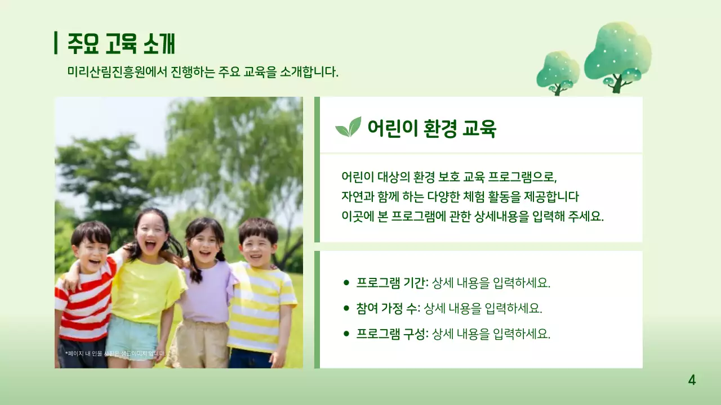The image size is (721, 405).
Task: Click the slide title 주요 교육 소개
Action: click(121, 43)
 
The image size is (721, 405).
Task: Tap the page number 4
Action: click(692, 380)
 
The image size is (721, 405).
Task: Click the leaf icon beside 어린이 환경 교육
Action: click(348, 127)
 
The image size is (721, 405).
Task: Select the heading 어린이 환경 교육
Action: click(431, 128)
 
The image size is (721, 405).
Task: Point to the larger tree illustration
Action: click(617, 55)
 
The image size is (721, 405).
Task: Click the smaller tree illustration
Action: click(558, 72)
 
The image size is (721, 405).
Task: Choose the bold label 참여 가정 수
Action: click(388, 308)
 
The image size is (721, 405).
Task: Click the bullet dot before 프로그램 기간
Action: click(346, 282)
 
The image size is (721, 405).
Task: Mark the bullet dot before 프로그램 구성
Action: click(346, 334)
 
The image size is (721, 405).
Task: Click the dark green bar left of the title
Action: click(56, 43)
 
